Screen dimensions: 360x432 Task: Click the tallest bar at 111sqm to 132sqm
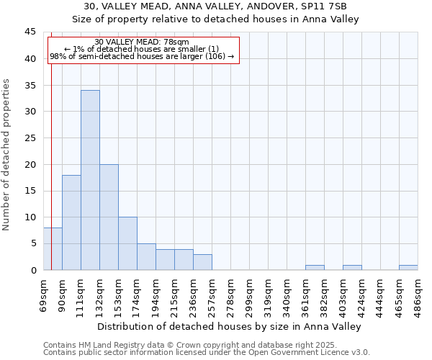tap(90, 180)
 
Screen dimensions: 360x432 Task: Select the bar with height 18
tap(71, 222)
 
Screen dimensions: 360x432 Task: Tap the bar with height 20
tap(109, 217)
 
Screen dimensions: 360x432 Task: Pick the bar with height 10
tap(127, 243)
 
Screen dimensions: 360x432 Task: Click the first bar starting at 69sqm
tap(53, 249)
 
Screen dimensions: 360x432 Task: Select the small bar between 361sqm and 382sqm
tap(315, 267)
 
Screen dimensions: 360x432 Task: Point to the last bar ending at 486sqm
tap(408, 267)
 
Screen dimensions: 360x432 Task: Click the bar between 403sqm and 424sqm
tap(352, 267)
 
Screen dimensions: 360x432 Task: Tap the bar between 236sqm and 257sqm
tap(202, 262)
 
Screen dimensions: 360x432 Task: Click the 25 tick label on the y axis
tap(30, 138)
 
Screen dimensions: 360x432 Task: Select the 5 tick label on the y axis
tap(33, 244)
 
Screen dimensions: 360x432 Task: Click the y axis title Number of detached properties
tap(6, 155)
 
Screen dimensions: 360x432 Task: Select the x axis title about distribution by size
tap(229, 326)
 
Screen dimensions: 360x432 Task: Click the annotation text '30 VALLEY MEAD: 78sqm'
tap(142, 42)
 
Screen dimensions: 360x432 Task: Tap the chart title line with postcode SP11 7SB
tap(215, 6)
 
